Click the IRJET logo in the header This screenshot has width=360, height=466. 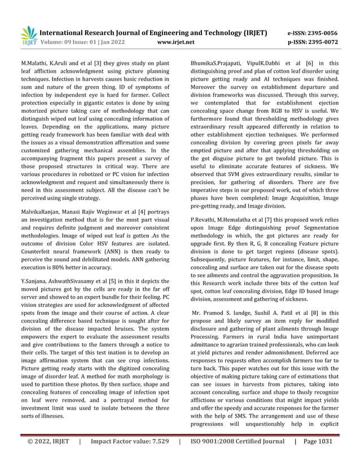click(x=28, y=36)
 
